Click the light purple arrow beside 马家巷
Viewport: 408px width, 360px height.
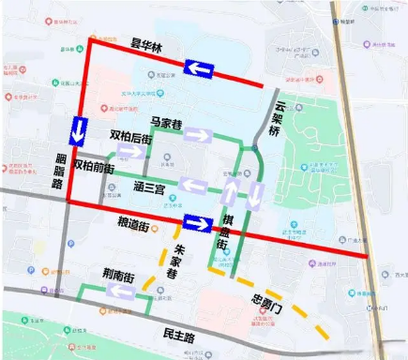point(199,135)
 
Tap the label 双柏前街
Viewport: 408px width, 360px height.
point(92,167)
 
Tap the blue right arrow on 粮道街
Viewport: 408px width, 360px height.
point(199,223)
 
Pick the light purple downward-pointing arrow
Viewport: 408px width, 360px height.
point(255,196)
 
